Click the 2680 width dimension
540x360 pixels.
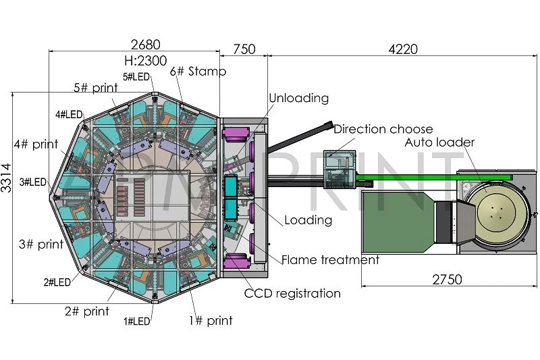pyautogui.click(x=146, y=45)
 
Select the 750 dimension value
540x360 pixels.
pyautogui.click(x=244, y=49)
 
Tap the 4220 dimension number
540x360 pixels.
pyautogui.click(x=403, y=49)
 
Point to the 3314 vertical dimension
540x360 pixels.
pyautogui.click(x=7, y=178)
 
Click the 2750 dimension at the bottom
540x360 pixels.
pyautogui.click(x=447, y=280)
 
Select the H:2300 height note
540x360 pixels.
pyautogui.click(x=146, y=61)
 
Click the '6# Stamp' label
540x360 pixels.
pyautogui.click(x=198, y=72)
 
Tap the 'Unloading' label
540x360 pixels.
pyautogui.click(x=298, y=98)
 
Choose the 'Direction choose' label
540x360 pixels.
pyautogui.click(x=383, y=129)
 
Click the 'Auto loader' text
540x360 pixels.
pyautogui.click(x=439, y=143)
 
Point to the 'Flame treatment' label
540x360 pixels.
pyautogui.click(x=330, y=259)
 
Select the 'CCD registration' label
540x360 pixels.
pyautogui.click(x=292, y=294)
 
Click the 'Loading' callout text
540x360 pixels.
pyautogui.click(x=308, y=220)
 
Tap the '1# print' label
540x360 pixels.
pyautogui.click(x=211, y=320)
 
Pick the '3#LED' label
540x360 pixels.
pyautogui.click(x=32, y=182)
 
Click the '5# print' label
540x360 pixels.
pyautogui.click(x=96, y=88)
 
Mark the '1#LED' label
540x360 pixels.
pyautogui.click(x=137, y=322)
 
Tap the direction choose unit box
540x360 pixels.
pyautogui.click(x=340, y=169)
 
